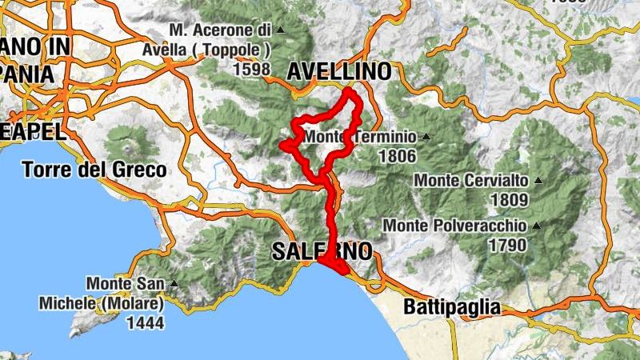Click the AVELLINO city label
point(339,71)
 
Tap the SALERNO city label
point(322,251)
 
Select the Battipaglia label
point(452,306)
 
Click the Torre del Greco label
point(94,170)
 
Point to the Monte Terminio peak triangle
point(426,137)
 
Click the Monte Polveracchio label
point(454,226)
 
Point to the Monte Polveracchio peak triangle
point(534,226)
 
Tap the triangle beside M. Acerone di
point(280,30)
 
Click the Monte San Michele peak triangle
point(173,283)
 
